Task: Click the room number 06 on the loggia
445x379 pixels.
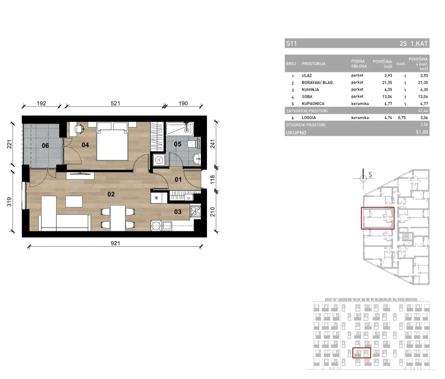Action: tap(45, 145)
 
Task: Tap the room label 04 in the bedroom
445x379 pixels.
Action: tap(85, 145)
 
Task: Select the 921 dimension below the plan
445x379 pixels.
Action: tap(116, 243)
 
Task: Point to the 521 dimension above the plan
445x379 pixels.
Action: tap(116, 103)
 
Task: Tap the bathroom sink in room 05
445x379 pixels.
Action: tap(197, 159)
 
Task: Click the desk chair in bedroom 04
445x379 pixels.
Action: tap(79, 129)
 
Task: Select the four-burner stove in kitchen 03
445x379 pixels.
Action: tap(196, 211)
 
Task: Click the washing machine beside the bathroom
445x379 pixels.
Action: tap(159, 160)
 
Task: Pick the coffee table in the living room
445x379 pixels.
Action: tap(74, 202)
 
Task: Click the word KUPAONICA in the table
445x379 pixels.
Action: tap(313, 103)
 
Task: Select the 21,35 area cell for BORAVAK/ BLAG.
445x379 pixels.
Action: tap(387, 82)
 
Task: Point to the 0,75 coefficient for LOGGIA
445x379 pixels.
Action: tap(402, 118)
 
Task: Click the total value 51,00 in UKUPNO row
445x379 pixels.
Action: tap(422, 132)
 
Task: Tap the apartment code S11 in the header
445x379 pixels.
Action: tap(292, 43)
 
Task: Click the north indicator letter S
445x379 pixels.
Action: tap(370, 175)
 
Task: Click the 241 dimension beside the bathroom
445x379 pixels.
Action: tap(213, 144)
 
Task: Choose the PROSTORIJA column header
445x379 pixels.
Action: tap(313, 63)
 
